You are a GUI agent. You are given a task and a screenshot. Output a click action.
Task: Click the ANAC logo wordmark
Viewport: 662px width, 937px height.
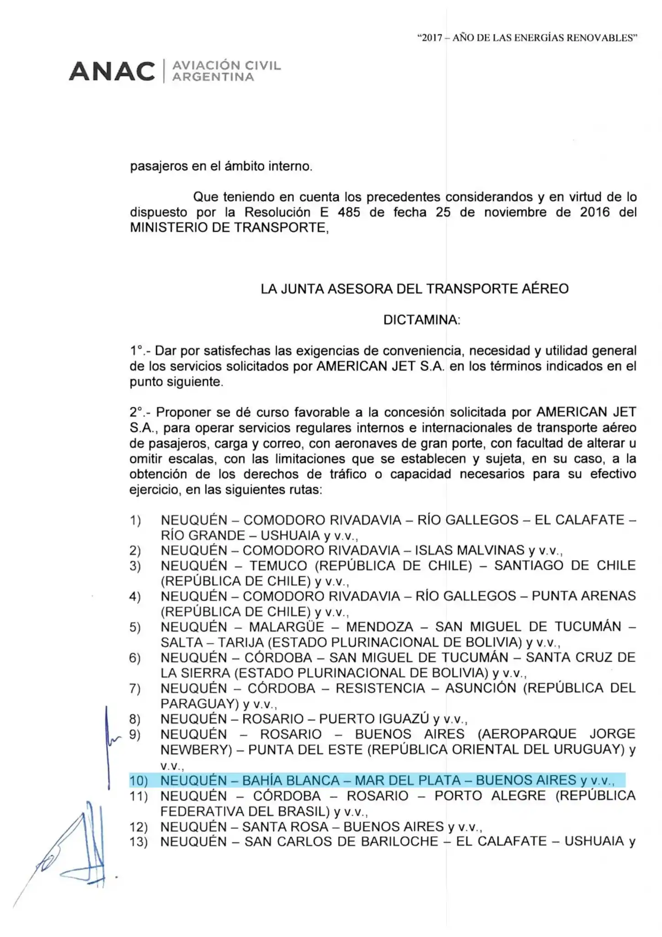click(112, 72)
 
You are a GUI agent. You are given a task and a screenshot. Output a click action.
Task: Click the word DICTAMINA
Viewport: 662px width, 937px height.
click(421, 320)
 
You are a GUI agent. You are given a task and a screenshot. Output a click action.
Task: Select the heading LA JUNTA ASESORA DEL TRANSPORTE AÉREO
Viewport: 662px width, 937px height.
click(415, 289)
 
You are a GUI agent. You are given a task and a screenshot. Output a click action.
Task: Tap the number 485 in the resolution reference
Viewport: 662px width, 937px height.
click(349, 212)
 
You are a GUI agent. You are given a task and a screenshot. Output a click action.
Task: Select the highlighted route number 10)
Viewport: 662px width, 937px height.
click(139, 781)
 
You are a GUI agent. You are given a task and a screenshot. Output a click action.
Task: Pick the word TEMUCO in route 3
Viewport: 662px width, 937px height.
click(278, 566)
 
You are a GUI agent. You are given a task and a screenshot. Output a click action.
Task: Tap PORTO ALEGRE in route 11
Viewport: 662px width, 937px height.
click(490, 796)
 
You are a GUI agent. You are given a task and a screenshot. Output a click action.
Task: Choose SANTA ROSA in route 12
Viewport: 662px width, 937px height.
click(285, 827)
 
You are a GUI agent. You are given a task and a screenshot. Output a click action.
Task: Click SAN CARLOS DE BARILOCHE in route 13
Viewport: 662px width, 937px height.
click(341, 842)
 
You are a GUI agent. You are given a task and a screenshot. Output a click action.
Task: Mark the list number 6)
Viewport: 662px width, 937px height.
click(135, 658)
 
